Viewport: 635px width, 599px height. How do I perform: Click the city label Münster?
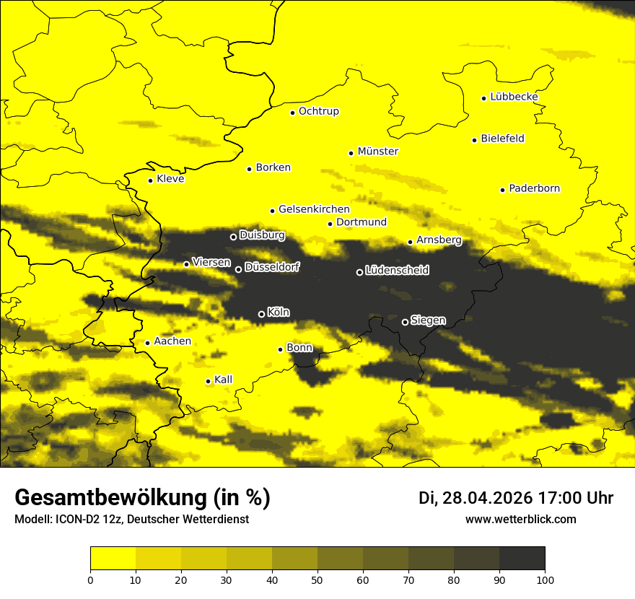(377, 152)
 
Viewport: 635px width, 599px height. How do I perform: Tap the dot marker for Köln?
(261, 314)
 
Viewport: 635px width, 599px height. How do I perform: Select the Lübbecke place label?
(514, 97)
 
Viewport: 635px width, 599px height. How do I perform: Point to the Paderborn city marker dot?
(502, 190)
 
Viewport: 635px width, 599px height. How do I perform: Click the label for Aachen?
(172, 341)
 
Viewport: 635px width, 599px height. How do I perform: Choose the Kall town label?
(223, 380)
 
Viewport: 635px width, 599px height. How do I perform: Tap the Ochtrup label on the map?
(318, 111)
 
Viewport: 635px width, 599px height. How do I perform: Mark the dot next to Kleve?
(150, 180)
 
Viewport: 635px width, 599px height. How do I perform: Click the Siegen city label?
(428, 320)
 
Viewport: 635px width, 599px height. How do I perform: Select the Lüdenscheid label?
(397, 271)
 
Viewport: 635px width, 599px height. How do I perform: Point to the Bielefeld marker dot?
(474, 140)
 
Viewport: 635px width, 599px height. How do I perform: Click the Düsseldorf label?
(271, 267)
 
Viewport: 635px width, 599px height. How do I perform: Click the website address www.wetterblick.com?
(520, 519)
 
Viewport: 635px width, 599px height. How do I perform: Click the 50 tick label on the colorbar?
(317, 579)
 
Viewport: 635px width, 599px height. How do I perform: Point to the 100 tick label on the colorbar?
(544, 579)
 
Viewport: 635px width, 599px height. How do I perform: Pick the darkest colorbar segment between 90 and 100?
(522, 559)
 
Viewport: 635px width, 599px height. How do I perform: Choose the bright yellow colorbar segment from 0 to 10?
(113, 559)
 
